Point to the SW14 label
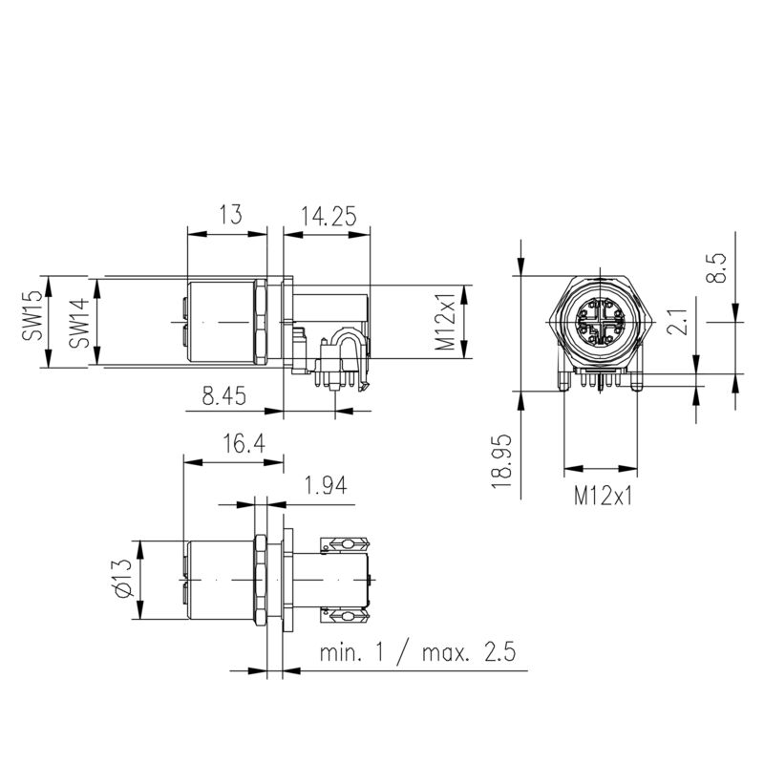pos(80,322)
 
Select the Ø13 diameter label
pos(122,580)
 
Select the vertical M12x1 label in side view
pos(445,322)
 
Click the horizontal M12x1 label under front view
pos(603,497)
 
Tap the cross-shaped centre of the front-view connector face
pos(600,323)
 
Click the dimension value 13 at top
pos(228,216)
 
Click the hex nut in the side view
pos(260,322)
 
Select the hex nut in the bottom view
pos(260,581)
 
